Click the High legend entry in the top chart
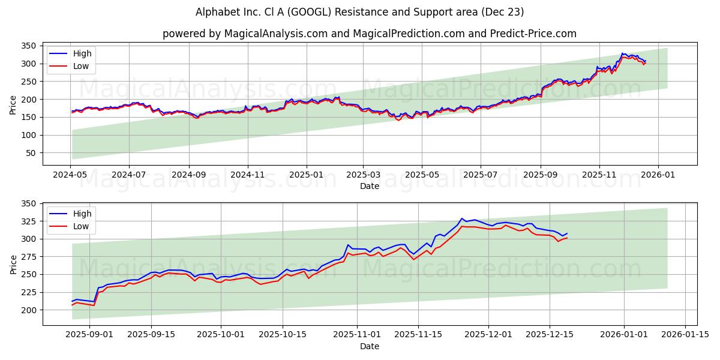(82, 54)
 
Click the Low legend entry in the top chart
(81, 66)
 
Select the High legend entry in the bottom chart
(82, 214)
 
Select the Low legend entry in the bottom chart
(81, 226)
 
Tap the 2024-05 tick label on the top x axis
(71, 174)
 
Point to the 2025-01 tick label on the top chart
(306, 174)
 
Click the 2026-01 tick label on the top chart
(658, 174)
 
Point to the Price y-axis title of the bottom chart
(13, 264)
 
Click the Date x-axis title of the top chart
(369, 186)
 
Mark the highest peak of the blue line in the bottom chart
(462, 218)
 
